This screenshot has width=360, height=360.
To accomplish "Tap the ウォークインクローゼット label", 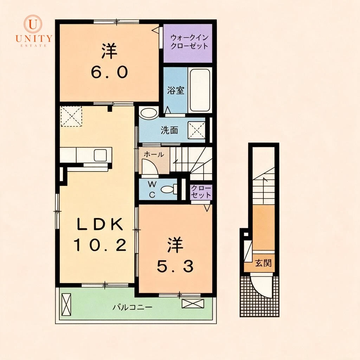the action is click(x=189, y=41).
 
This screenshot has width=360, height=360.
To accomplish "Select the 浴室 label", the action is click(x=176, y=90).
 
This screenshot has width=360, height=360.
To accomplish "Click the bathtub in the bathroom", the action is click(x=200, y=90).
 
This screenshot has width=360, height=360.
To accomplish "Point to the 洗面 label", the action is click(x=169, y=130).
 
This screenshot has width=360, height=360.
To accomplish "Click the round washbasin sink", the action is click(x=149, y=113).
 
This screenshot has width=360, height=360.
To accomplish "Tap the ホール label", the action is click(x=154, y=155).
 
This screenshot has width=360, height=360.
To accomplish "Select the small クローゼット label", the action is click(x=201, y=192).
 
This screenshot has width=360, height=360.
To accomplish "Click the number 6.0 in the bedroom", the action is click(x=109, y=72).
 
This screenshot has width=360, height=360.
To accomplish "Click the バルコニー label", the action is click(x=133, y=307).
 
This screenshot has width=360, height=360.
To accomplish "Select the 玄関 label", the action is click(x=263, y=263).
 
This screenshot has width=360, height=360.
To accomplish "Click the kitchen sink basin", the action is click(x=100, y=155).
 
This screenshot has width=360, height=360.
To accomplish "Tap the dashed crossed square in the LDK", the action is click(x=71, y=116).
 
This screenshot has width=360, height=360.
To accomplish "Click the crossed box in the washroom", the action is click(x=197, y=130).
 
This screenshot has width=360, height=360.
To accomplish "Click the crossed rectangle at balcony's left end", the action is click(x=66, y=305).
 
